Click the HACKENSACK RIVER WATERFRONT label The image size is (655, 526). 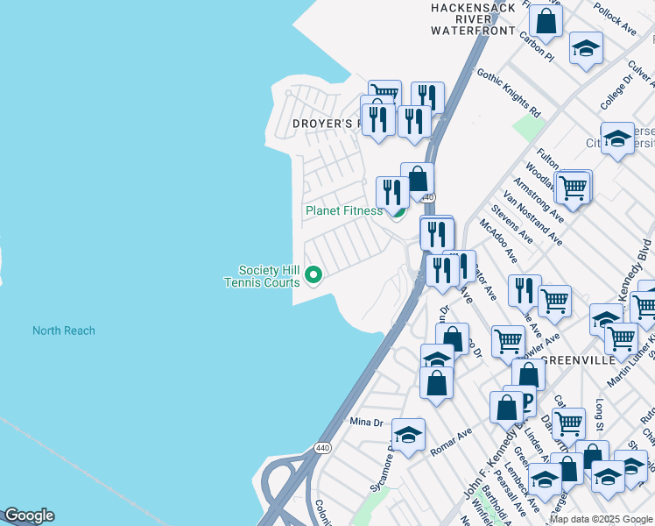(x=473, y=18)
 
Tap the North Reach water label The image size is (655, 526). (x=64, y=331)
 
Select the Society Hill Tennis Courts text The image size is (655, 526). (x=263, y=276)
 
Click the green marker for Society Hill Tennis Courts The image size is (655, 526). (x=314, y=277)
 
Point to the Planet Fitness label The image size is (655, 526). (x=343, y=210)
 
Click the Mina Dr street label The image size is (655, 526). (x=367, y=422)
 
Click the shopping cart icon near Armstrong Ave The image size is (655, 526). (x=573, y=186)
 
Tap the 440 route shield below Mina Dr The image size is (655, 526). (x=322, y=447)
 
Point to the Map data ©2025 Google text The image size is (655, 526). (x=600, y=519)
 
